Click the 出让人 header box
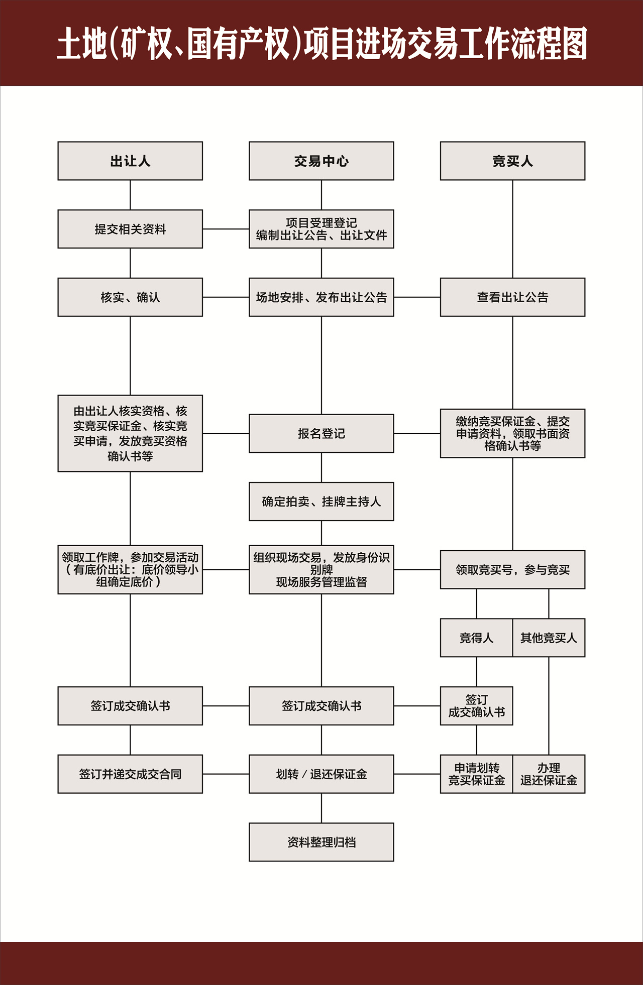point(130,161)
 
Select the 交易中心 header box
point(321,161)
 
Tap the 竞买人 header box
point(512,161)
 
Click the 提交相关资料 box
point(130,229)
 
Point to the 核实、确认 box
point(130,297)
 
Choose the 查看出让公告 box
point(512,297)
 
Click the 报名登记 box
point(321,433)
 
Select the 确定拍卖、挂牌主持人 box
point(321,502)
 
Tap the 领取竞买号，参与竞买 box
point(512,570)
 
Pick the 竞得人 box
point(476,638)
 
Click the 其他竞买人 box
point(549,638)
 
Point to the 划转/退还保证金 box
point(321,774)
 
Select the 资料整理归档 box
point(321,842)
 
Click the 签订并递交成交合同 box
point(130,774)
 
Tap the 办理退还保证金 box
point(549,774)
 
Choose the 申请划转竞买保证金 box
point(476,774)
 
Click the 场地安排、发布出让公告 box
point(321,297)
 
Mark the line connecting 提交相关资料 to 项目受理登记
point(226,229)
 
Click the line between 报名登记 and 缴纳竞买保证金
point(417,433)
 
